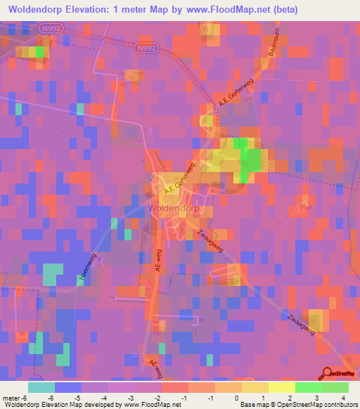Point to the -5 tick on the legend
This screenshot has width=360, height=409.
pos(77,398)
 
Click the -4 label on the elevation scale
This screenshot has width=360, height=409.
pos(104,398)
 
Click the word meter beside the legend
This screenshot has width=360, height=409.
pos(12,398)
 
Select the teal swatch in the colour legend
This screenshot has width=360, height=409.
pos(41,387)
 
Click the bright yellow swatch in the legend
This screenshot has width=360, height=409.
pos(282,387)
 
